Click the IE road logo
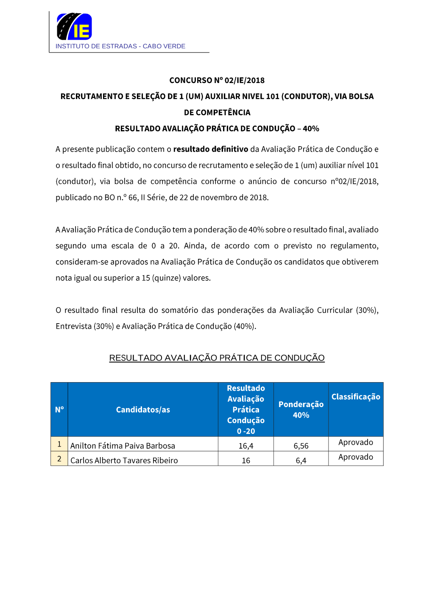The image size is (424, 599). (74, 26)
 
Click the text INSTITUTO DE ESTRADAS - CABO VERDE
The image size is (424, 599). (120, 46)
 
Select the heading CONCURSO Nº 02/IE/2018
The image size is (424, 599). (217, 80)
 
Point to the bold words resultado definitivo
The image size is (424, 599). (210, 149)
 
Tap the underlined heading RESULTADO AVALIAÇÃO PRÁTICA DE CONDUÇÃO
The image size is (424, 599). (217, 358)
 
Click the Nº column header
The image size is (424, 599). (59, 410)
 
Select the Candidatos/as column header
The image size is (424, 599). (143, 410)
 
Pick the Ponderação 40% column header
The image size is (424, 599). (301, 410)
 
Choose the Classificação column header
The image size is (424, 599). (356, 397)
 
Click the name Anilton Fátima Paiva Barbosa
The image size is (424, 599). (123, 446)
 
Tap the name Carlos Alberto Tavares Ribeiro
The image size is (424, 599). (124, 460)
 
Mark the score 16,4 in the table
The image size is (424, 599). (246, 446)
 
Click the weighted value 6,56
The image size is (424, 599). (301, 446)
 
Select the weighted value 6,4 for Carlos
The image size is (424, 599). (301, 460)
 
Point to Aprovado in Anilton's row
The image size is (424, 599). (356, 442)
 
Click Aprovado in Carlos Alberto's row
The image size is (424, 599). (356, 457)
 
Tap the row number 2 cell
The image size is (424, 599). (59, 459)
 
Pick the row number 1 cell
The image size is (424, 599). (59, 444)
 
